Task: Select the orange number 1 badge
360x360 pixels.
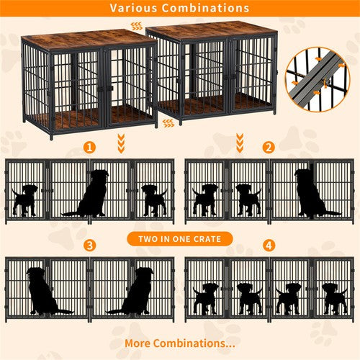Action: tap(89, 148)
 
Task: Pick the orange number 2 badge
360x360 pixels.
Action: tap(269, 148)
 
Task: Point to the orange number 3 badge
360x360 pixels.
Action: tap(89, 246)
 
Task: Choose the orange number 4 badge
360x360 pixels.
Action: tap(269, 246)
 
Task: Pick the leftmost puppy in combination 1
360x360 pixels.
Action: tap(26, 199)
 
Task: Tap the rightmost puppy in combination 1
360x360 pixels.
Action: tap(153, 199)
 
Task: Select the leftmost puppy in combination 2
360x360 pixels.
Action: tap(205, 199)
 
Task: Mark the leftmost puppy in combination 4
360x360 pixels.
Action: tap(206, 297)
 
